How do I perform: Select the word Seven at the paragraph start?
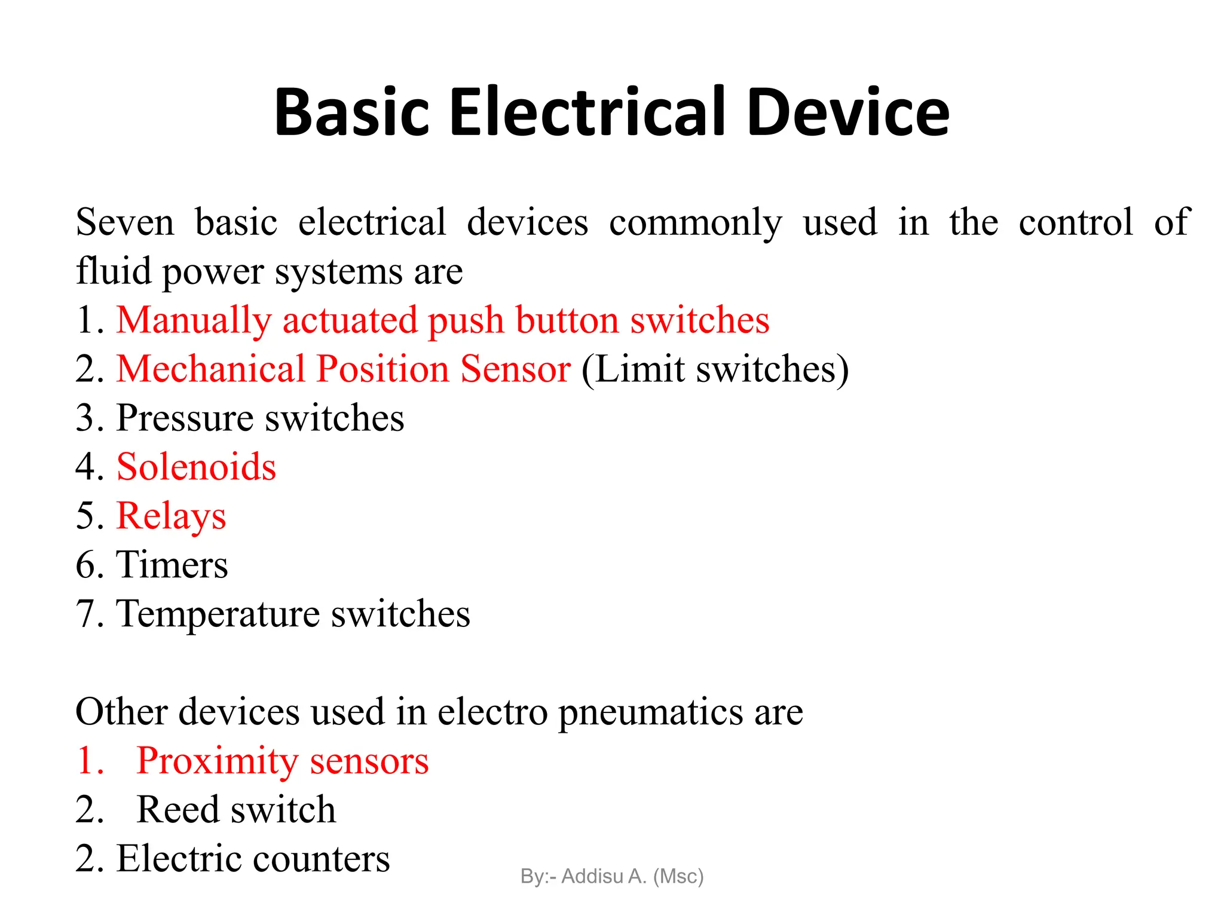click(125, 222)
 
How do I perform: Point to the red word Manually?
click(194, 321)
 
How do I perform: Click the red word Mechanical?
click(211, 369)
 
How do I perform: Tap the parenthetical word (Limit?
click(633, 369)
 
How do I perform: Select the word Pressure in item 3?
click(185, 418)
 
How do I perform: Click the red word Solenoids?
click(196, 467)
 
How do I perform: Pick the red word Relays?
click(171, 516)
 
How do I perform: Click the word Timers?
click(172, 565)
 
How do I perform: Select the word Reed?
click(178, 810)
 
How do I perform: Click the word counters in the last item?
click(321, 859)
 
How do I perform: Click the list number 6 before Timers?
click(86, 565)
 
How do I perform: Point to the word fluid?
click(114, 271)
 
